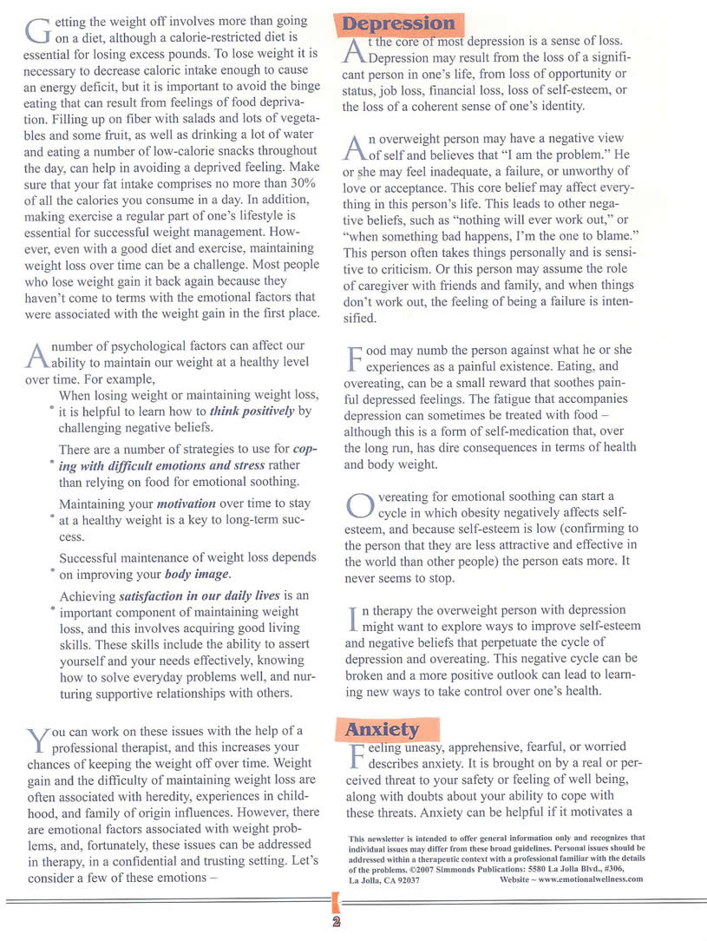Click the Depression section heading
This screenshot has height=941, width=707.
pos(398,23)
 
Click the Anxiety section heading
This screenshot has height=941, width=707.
pos(382,729)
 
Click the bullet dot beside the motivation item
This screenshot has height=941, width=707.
pos(51,517)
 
